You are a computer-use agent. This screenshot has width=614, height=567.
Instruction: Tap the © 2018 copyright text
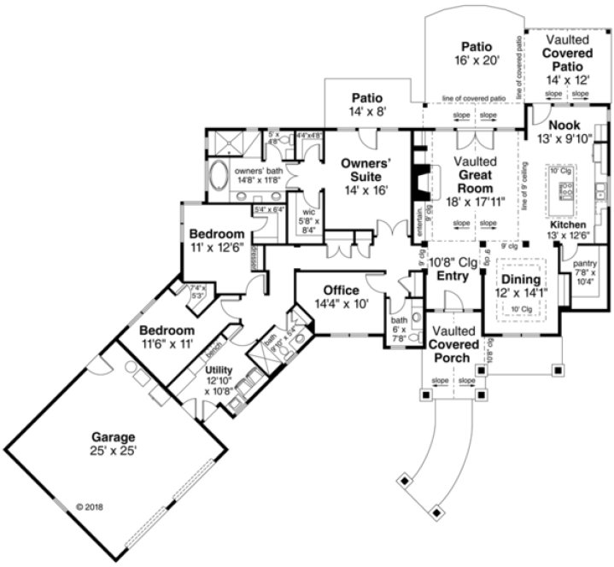[x=93, y=506]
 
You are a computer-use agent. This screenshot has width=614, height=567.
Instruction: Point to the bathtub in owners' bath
[x=219, y=177]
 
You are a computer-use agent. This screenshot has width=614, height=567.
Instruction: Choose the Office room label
[x=342, y=290]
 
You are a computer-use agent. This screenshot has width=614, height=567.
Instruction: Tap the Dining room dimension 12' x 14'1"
[x=520, y=293]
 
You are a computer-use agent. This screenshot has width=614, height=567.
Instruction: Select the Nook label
[x=564, y=126]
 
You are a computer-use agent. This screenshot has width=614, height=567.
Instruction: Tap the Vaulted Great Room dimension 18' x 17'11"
[x=476, y=202]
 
